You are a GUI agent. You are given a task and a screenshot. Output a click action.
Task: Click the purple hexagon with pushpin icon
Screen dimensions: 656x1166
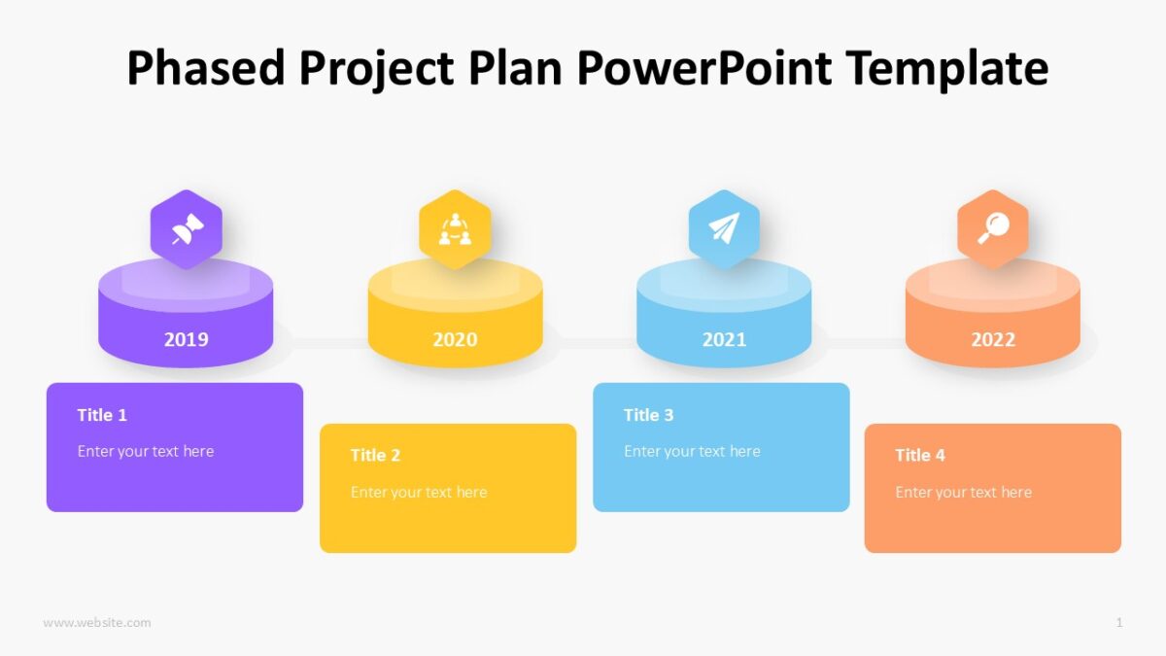pyautogui.click(x=186, y=229)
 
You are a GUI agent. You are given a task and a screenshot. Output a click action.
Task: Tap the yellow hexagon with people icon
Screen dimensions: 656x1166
pyautogui.click(x=455, y=229)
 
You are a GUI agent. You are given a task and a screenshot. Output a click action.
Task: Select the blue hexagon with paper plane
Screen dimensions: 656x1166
pyautogui.click(x=724, y=229)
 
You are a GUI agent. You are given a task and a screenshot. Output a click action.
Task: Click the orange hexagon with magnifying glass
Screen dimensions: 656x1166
pyautogui.click(x=993, y=229)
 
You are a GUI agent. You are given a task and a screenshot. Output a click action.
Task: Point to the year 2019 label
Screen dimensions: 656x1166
pyautogui.click(x=186, y=339)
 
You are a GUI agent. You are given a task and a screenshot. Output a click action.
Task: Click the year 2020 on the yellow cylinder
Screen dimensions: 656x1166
pyautogui.click(x=455, y=339)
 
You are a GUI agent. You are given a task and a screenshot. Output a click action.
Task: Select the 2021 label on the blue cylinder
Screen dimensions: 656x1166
pyautogui.click(x=724, y=339)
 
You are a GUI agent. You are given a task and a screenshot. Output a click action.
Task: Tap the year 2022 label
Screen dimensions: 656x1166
pyautogui.click(x=993, y=339)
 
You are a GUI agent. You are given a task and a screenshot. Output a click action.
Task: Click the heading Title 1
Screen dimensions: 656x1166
pyautogui.click(x=102, y=415)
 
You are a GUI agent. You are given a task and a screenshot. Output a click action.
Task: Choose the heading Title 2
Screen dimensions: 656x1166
pyautogui.click(x=375, y=455)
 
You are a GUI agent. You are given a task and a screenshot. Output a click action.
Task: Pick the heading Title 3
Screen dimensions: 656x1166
pyautogui.click(x=648, y=415)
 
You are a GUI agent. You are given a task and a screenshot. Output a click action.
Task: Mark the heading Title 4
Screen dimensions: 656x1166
pyautogui.click(x=920, y=455)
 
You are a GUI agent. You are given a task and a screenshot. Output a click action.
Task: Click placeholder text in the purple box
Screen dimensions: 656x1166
pyautogui.click(x=146, y=451)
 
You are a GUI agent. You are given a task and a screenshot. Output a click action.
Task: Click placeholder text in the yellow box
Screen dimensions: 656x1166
pyautogui.click(x=419, y=492)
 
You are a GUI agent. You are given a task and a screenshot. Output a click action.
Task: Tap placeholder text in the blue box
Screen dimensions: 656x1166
pyautogui.click(x=692, y=451)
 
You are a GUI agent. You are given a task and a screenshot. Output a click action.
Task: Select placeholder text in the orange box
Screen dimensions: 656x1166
pyautogui.click(x=964, y=492)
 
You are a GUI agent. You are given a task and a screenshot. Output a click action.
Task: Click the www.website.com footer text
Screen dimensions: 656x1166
pyautogui.click(x=97, y=622)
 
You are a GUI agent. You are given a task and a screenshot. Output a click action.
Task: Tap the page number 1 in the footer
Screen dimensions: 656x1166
pyautogui.click(x=1119, y=622)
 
